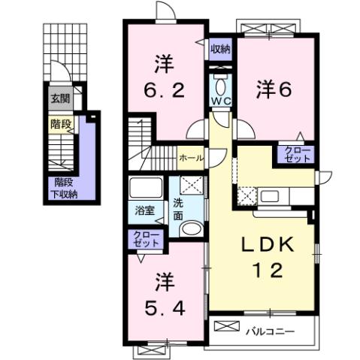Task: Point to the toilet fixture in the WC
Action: (220, 81)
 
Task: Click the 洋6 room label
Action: (274, 88)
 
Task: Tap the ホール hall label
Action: (189, 159)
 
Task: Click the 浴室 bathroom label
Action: (145, 210)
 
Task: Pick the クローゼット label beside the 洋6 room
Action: (297, 155)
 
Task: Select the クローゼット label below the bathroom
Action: (147, 241)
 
